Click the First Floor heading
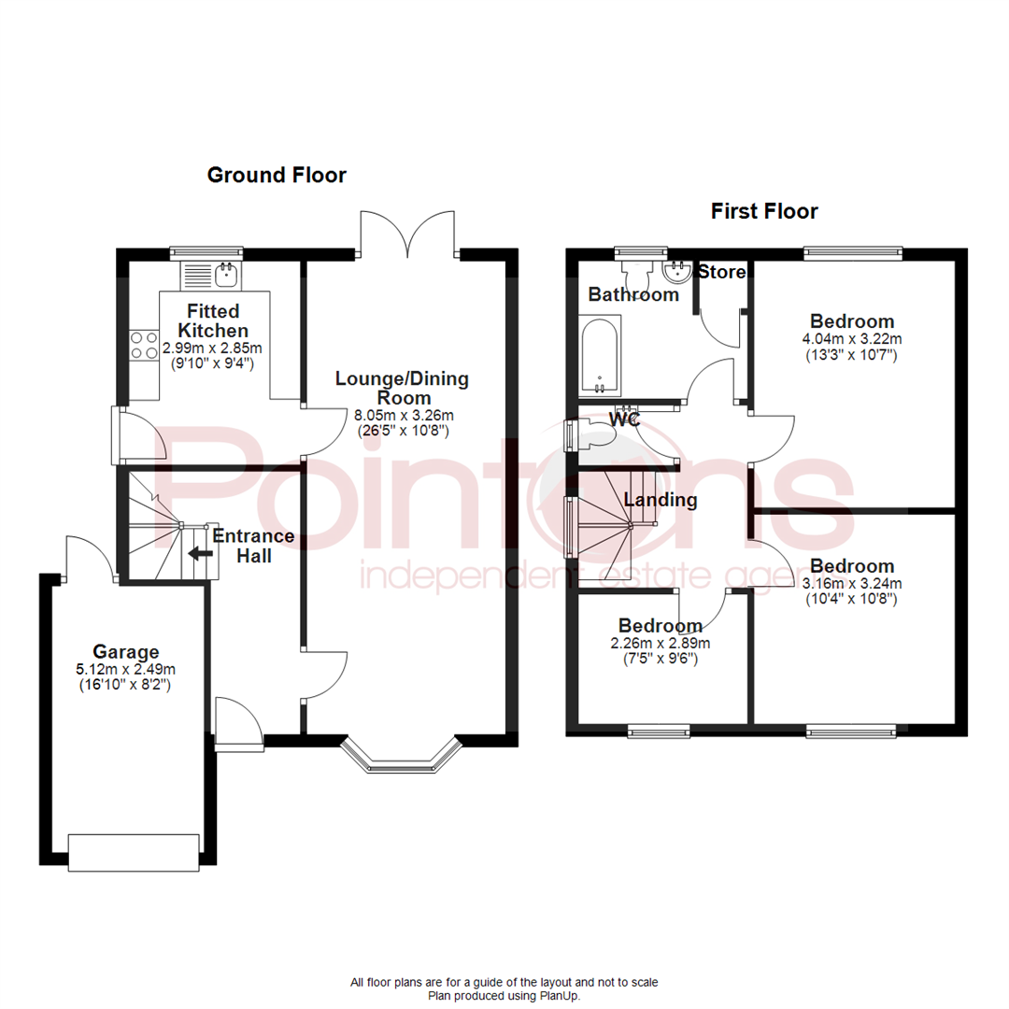pos(764,211)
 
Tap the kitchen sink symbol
pos(224,274)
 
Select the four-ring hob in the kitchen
pos(143,346)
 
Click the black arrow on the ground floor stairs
pos(199,552)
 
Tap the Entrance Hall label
pos(253,547)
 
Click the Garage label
pos(126,651)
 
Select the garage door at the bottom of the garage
pos(135,852)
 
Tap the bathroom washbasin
pos(675,272)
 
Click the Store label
pos(723,273)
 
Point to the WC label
pos(624,419)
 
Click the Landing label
pos(661,500)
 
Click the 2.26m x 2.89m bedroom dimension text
pos(660,643)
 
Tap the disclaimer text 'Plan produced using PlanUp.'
pos(504,996)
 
